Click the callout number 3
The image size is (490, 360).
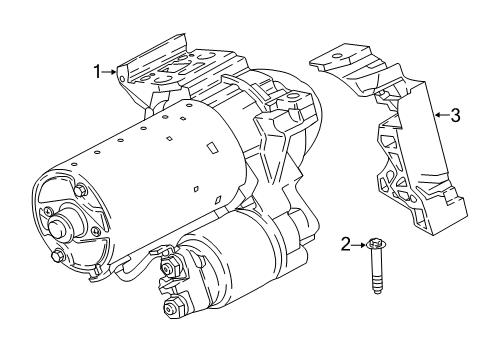coord(455,116)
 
